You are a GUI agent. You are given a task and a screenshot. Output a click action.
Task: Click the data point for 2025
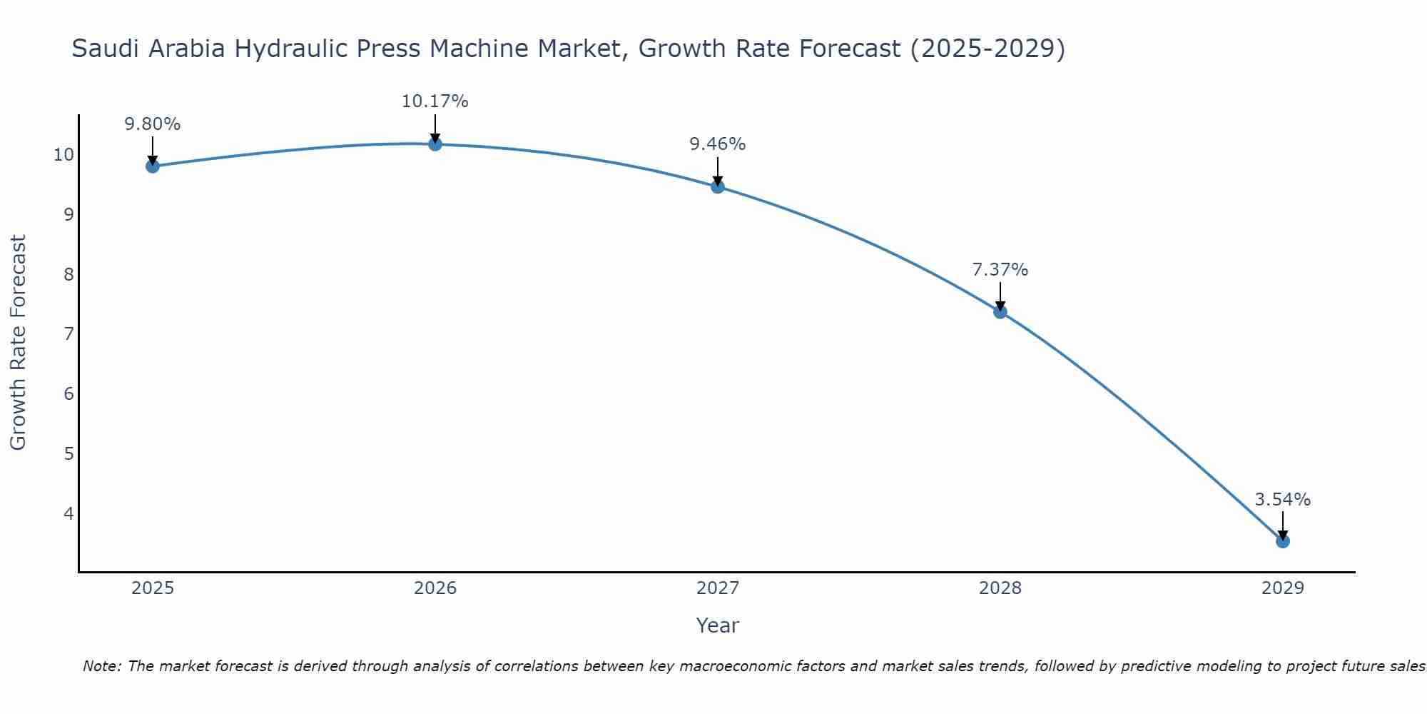pos(152,166)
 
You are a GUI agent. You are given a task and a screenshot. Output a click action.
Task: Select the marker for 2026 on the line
pos(435,144)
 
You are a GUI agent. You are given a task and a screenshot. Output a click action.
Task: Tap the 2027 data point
pos(717,186)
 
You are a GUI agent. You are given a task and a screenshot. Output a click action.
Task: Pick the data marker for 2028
pos(1000,311)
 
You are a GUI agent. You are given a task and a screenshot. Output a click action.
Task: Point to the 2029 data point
pos(1282,541)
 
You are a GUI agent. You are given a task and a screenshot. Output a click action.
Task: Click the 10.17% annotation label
pos(435,101)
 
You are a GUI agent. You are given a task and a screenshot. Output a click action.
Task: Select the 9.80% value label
pos(152,124)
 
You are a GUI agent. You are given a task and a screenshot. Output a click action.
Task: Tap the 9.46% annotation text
pos(717,144)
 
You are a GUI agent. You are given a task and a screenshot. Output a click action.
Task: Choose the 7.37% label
pos(1000,270)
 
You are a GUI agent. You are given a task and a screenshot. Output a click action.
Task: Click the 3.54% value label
pos(1282,500)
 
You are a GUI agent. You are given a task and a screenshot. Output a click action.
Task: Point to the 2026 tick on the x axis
pos(435,588)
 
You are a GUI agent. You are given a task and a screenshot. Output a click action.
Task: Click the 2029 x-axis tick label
pos(1282,588)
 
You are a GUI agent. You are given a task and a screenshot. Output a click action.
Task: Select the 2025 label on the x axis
pos(152,588)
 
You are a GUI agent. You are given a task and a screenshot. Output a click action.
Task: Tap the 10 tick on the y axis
pos(64,155)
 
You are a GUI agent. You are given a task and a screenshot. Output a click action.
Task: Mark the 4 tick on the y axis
pos(68,513)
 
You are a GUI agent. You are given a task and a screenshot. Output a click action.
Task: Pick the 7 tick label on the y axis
pos(68,334)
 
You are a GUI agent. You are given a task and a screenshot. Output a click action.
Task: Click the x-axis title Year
pos(717,625)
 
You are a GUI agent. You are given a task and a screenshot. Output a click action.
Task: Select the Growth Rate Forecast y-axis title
pos(18,343)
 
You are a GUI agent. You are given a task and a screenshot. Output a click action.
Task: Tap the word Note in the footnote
pos(101,666)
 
